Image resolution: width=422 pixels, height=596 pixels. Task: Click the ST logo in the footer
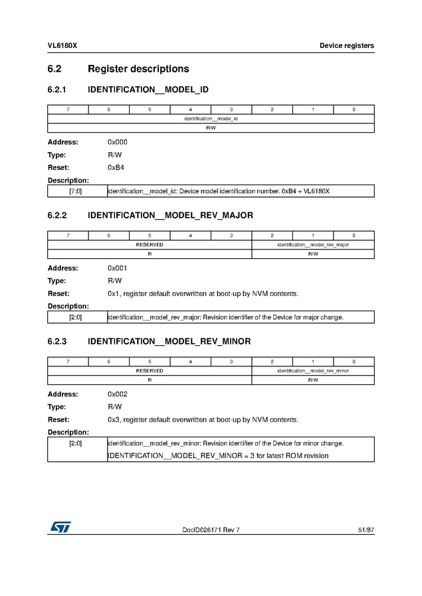pyautogui.click(x=60, y=527)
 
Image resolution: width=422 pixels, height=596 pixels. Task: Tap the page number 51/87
pyautogui.click(x=365, y=530)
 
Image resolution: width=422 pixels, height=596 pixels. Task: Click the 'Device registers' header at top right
pyautogui.click(x=346, y=46)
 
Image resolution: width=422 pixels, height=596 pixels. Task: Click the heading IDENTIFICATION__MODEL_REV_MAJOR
pyautogui.click(x=170, y=216)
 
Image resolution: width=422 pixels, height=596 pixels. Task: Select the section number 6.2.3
pyautogui.click(x=59, y=342)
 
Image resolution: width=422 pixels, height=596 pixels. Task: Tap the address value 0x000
pyautogui.click(x=118, y=142)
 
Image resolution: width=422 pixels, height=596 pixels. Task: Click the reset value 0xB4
pyautogui.click(x=116, y=167)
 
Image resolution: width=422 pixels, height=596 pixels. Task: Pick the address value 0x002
pyautogui.click(x=118, y=394)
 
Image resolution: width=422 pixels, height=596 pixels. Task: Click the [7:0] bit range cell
pyautogui.click(x=76, y=192)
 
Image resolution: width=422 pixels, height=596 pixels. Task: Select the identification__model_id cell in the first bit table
pyautogui.click(x=211, y=119)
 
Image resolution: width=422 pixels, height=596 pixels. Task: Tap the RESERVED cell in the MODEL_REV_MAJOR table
pyautogui.click(x=149, y=245)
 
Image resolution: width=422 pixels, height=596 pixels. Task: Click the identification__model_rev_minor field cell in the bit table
pyautogui.click(x=312, y=371)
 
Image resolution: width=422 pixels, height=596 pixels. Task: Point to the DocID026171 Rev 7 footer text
pyautogui.click(x=211, y=530)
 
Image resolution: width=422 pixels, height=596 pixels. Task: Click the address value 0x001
pyautogui.click(x=118, y=268)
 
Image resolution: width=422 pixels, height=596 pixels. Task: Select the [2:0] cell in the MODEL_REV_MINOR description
pyautogui.click(x=76, y=443)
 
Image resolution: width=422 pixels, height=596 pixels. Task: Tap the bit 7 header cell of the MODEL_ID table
pyautogui.click(x=68, y=110)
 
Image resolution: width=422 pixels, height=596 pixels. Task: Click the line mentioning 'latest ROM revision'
pyautogui.click(x=218, y=456)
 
